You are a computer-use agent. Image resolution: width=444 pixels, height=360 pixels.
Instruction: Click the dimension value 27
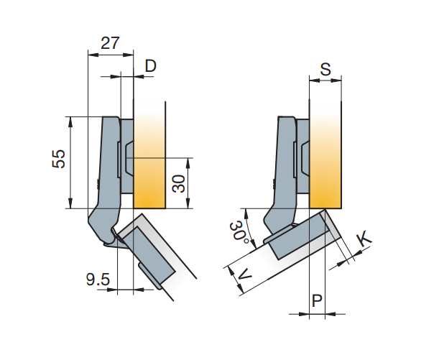click(110, 42)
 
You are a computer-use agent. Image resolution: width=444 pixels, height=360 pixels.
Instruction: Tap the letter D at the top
click(150, 66)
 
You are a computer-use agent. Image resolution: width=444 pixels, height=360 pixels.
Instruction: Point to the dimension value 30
click(180, 183)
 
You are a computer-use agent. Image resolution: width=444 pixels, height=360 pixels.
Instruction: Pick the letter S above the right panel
click(325, 70)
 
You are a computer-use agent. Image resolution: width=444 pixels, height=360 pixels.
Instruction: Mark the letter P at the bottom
click(316, 300)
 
